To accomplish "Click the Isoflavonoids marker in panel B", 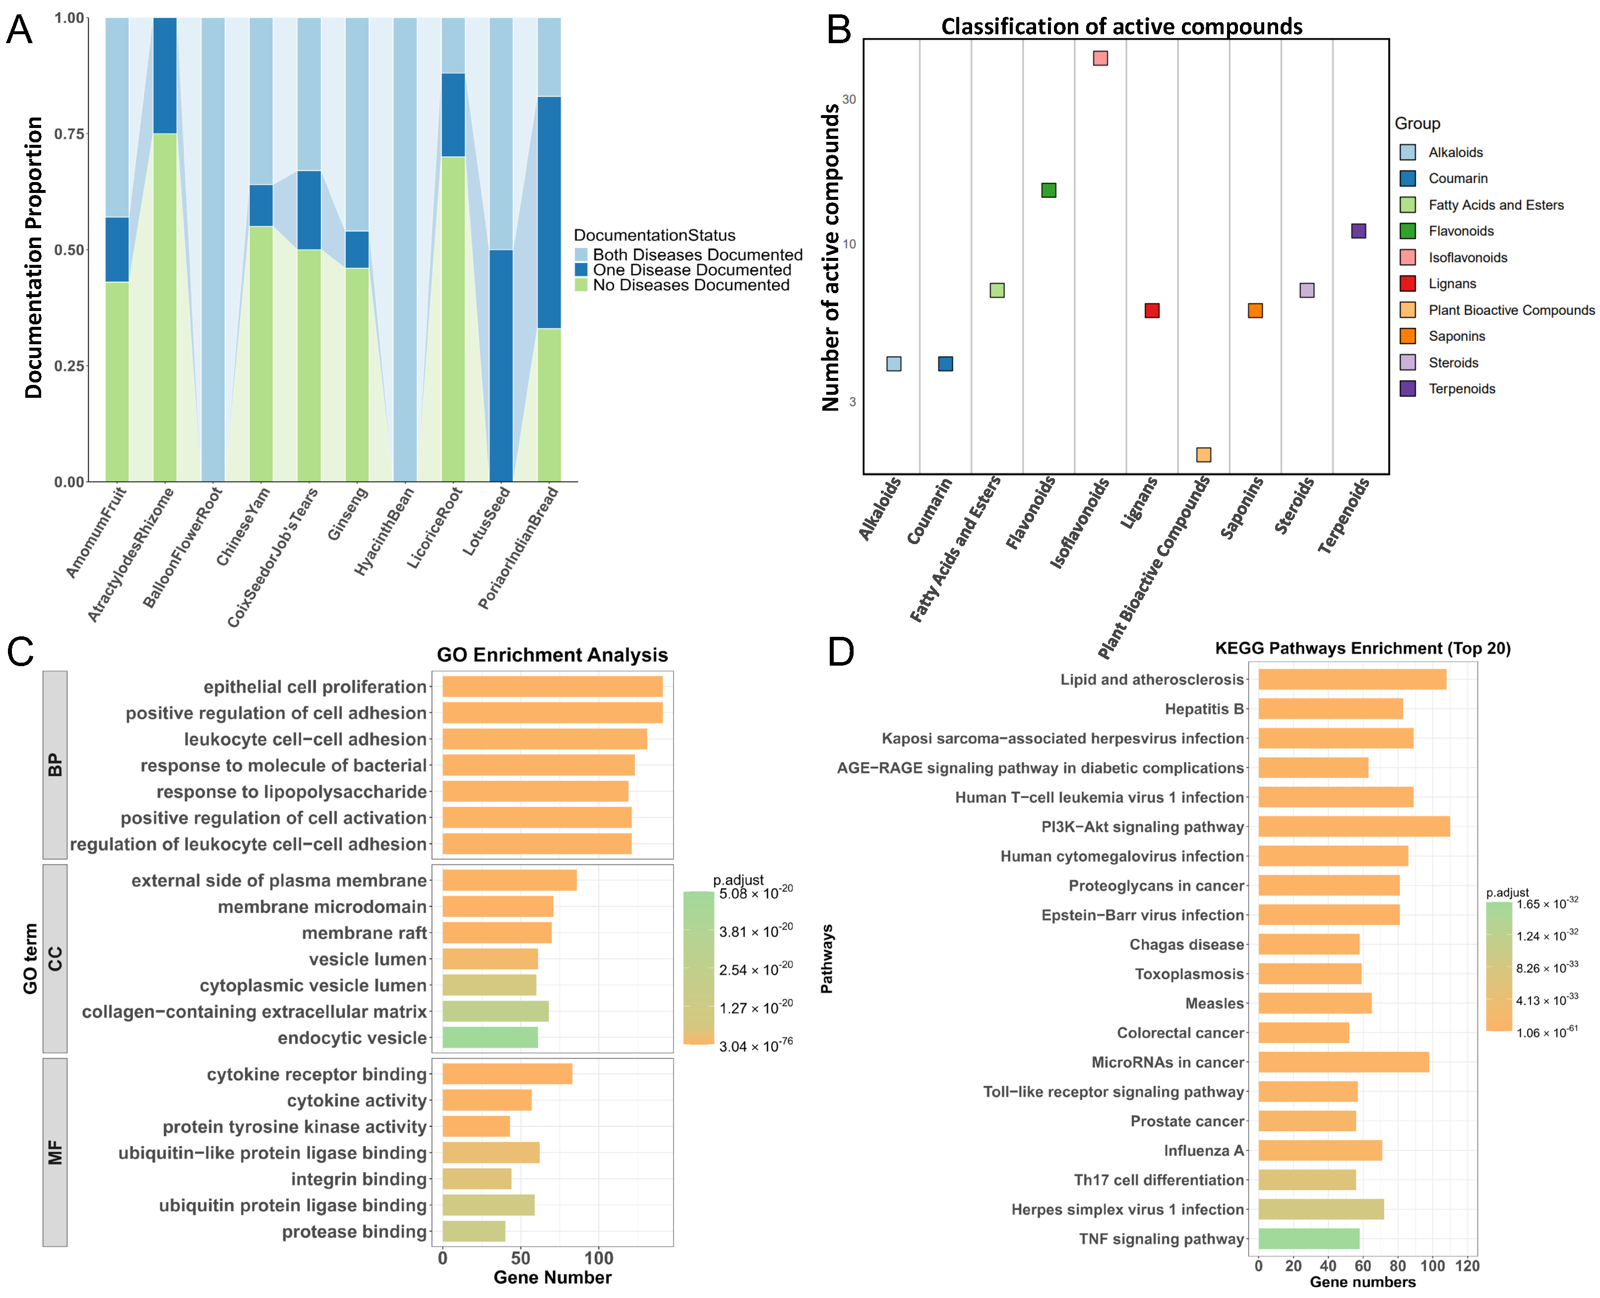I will coord(1100,59).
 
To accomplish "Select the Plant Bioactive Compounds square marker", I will coord(1203,455).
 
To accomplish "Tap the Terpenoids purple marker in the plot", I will coord(1358,231).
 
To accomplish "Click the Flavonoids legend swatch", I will coord(1408,231).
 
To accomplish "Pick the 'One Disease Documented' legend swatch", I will coord(581,270).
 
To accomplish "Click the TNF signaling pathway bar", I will coord(1308,1239).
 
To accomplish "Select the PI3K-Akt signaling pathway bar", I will coord(1354,826).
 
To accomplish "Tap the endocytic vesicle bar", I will coord(490,1038).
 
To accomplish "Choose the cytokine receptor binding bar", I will coord(507,1074).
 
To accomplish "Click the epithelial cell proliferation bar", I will coord(552,686).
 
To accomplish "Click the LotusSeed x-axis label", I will coord(487,521).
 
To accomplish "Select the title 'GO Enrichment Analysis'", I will coord(552,655).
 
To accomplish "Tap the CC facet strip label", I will coord(55,959).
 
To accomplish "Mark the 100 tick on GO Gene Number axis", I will coord(599,1258).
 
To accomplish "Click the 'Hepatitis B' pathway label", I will coord(1204,709).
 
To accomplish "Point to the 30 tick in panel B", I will coord(849,99).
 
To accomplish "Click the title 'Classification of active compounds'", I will coord(1121,27).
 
